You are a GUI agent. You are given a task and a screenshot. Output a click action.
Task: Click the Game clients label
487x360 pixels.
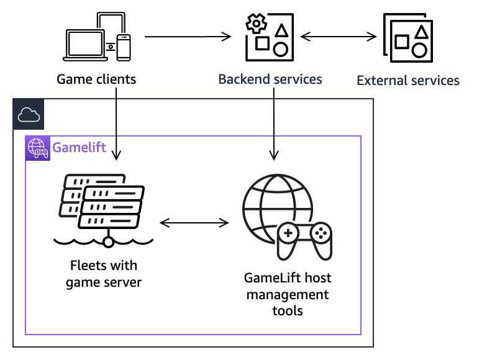click(96, 79)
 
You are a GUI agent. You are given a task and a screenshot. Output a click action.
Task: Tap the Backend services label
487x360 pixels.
click(270, 79)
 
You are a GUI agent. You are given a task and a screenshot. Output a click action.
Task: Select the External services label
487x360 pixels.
click(408, 81)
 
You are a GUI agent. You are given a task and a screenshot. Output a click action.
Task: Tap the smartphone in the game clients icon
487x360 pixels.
click(124, 47)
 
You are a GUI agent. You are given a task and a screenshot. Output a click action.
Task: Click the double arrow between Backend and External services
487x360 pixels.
click(339, 37)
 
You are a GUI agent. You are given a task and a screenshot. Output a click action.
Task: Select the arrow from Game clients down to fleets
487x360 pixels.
click(117, 124)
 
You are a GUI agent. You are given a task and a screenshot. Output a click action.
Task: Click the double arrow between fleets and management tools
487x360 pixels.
click(194, 222)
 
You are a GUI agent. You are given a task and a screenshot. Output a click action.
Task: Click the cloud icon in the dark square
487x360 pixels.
click(28, 114)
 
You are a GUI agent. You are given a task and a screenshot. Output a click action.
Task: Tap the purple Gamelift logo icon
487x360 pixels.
click(37, 148)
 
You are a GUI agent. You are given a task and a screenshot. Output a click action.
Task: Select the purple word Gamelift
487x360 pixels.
click(79, 148)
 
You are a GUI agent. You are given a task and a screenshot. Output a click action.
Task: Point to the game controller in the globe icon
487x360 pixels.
click(304, 238)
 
